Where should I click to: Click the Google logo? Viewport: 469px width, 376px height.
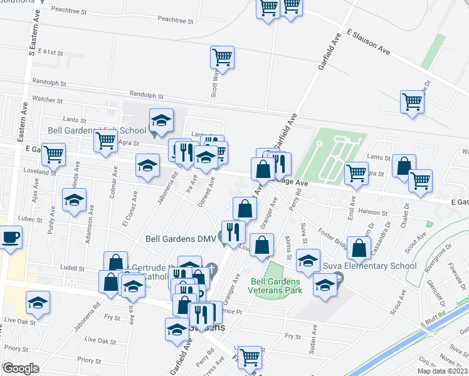tap(21, 368)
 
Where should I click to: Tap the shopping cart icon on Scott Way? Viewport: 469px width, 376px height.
tap(222, 58)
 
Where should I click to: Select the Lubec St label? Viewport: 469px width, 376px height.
tap(29, 219)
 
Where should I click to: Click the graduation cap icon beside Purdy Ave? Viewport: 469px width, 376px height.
tap(75, 201)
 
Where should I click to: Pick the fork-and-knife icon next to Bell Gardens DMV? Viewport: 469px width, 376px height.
tap(233, 232)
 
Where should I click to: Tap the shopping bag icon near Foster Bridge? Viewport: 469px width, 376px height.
tap(358, 248)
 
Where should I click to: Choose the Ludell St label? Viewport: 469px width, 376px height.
tap(73, 268)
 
